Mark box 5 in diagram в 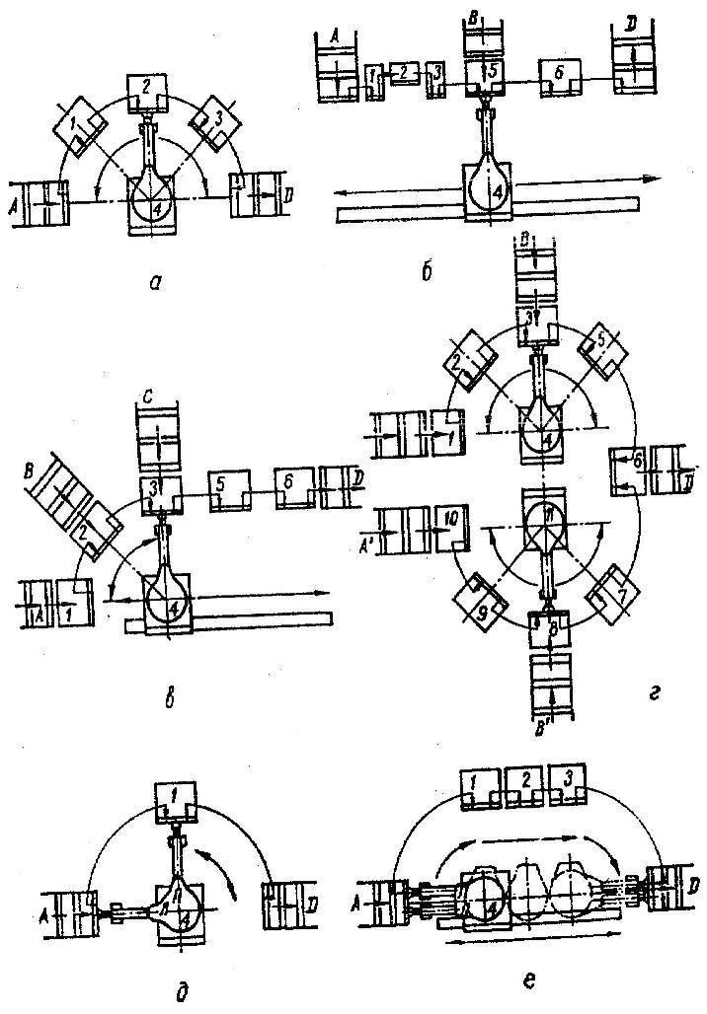[230, 486]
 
